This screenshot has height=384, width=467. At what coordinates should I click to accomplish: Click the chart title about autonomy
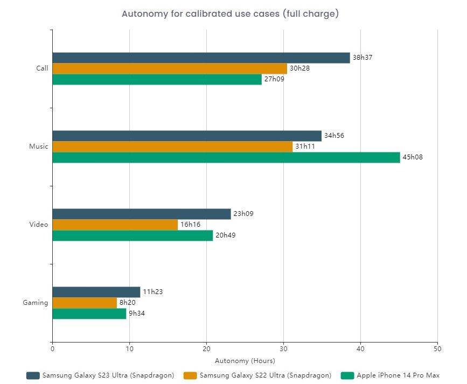click(x=230, y=14)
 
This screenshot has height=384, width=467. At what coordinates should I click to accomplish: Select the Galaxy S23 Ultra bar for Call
click(x=201, y=58)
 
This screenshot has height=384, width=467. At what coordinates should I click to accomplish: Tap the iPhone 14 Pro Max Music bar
click(x=226, y=157)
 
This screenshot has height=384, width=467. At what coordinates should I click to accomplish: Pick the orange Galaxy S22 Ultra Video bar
click(x=115, y=225)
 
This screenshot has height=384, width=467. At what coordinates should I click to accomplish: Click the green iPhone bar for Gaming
click(x=89, y=313)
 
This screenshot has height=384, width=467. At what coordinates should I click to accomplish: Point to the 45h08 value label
click(x=413, y=157)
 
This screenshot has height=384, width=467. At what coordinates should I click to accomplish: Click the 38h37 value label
click(x=363, y=58)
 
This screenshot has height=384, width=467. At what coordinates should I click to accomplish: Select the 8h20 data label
click(x=128, y=303)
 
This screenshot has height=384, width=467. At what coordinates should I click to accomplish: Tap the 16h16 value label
click(x=190, y=225)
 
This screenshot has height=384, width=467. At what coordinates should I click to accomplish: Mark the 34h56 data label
click(x=334, y=136)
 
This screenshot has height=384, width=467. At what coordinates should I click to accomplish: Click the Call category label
click(x=42, y=68)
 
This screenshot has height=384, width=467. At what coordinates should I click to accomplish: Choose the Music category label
click(x=39, y=146)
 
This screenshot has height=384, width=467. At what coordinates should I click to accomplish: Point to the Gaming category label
click(x=36, y=303)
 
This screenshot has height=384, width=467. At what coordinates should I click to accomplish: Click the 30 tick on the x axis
click(x=283, y=349)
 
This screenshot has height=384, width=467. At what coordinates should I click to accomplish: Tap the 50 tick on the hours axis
click(x=437, y=349)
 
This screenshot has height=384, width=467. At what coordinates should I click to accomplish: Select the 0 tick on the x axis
click(x=52, y=349)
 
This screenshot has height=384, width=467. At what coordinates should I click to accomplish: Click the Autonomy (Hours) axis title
click(x=245, y=360)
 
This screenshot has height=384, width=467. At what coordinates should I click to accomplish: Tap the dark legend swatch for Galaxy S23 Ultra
click(x=33, y=375)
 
